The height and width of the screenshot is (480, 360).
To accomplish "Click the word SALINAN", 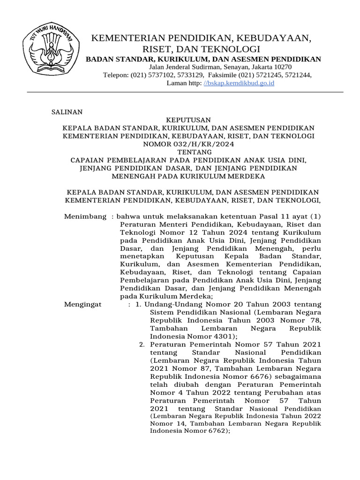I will click(x=67, y=112).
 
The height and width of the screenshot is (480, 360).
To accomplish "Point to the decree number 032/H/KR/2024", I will click(x=204, y=144).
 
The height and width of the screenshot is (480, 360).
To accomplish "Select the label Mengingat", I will click(x=82, y=304).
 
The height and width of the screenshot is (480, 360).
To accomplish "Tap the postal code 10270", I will click(x=282, y=67).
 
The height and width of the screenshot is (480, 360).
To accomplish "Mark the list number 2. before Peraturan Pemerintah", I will click(x=142, y=344).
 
